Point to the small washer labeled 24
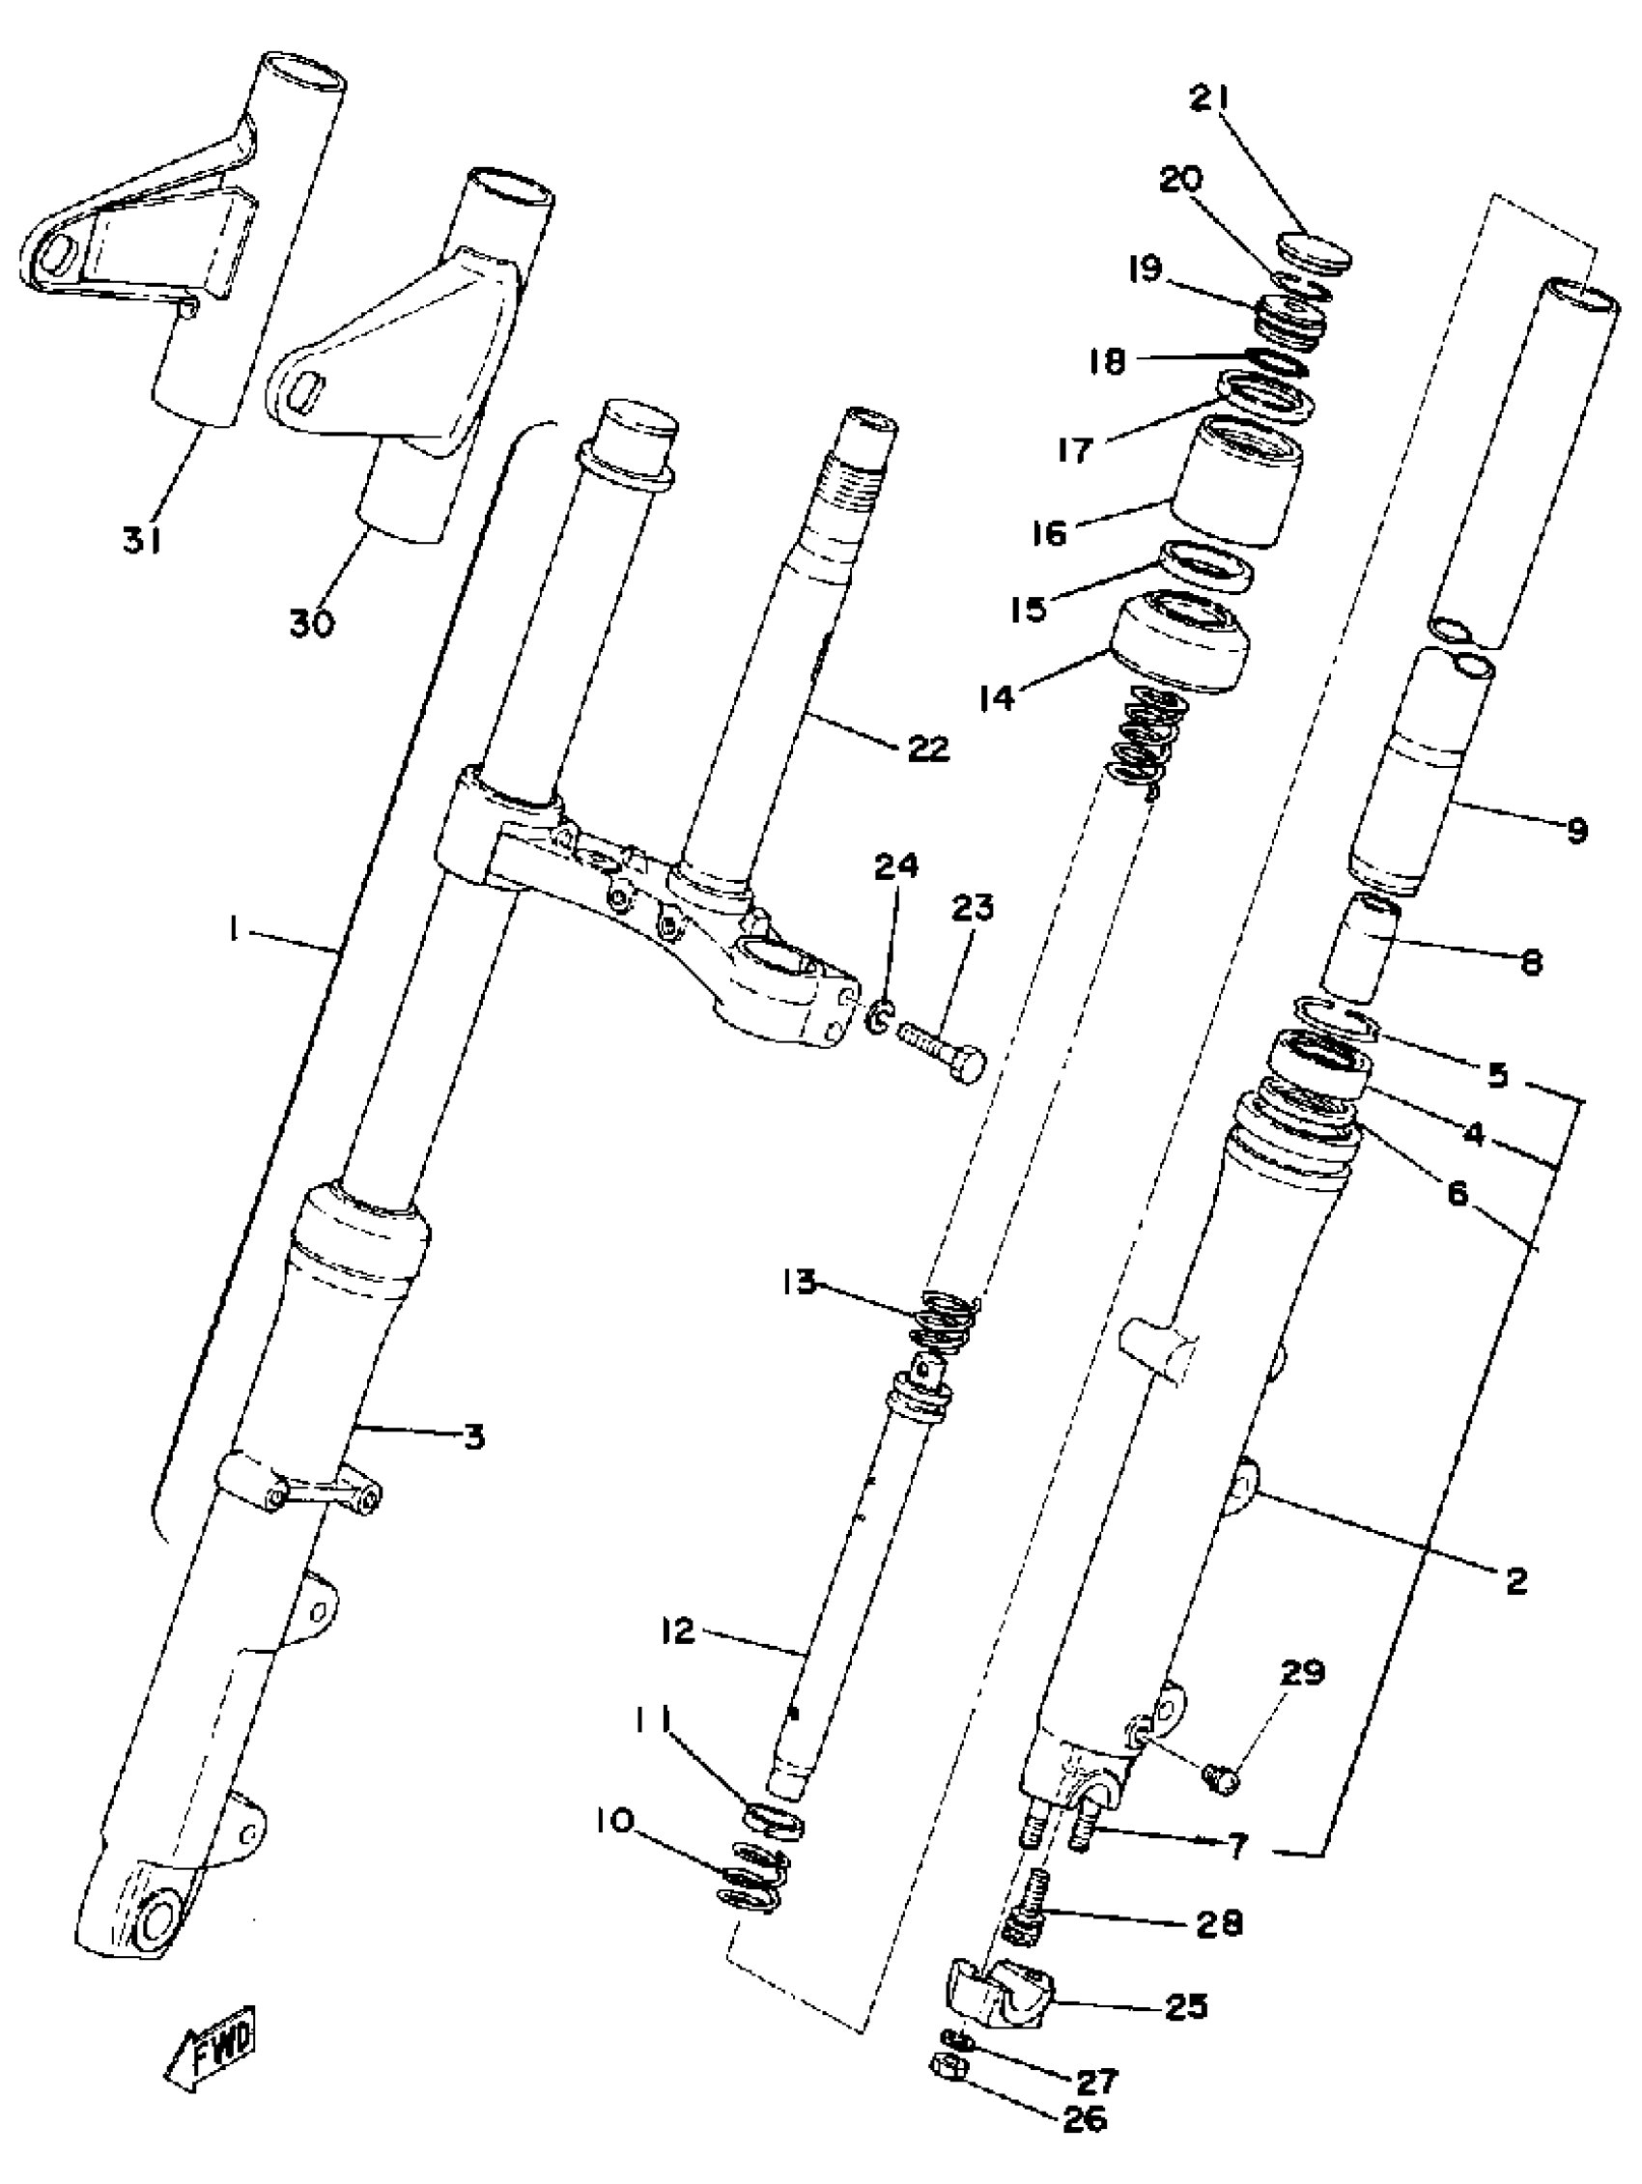pyautogui.click(x=879, y=1015)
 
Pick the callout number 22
pyautogui.click(x=926, y=748)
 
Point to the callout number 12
pyautogui.click(x=680, y=1631)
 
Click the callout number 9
pyautogui.click(x=1577, y=831)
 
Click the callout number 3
pyautogui.click(x=474, y=1436)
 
